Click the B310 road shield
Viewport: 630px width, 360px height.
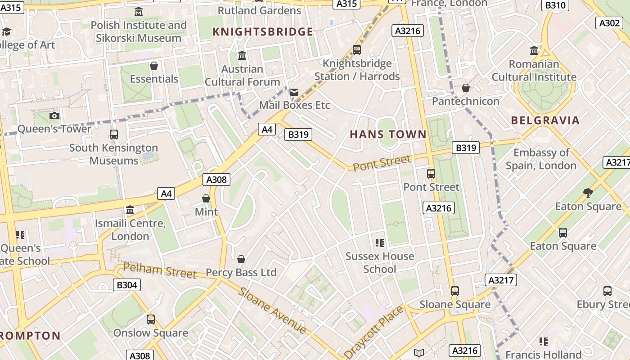(x=555, y=5)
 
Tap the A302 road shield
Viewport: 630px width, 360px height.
(x=610, y=23)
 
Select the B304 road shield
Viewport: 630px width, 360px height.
(x=127, y=284)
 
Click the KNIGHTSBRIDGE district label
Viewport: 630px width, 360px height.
(x=263, y=31)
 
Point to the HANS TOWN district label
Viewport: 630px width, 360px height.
(x=388, y=134)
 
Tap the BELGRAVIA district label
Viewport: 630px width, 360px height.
(x=545, y=120)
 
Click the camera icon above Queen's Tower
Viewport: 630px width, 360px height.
(x=54, y=116)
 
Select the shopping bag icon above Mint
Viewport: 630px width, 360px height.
(x=206, y=198)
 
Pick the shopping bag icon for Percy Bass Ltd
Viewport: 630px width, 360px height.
(x=241, y=259)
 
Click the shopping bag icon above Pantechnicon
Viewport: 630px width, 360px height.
(x=466, y=88)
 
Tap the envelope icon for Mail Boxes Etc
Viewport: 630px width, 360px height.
(x=294, y=92)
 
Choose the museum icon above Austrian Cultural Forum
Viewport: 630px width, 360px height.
(x=242, y=55)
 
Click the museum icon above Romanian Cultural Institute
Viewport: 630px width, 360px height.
(x=534, y=50)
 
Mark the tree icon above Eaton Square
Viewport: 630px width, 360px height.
(x=588, y=193)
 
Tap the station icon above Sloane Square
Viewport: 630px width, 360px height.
(x=455, y=291)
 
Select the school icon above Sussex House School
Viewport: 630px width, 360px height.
(x=380, y=243)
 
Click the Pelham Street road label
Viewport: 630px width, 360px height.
(x=160, y=271)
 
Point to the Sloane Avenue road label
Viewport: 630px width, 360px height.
(x=272, y=310)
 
